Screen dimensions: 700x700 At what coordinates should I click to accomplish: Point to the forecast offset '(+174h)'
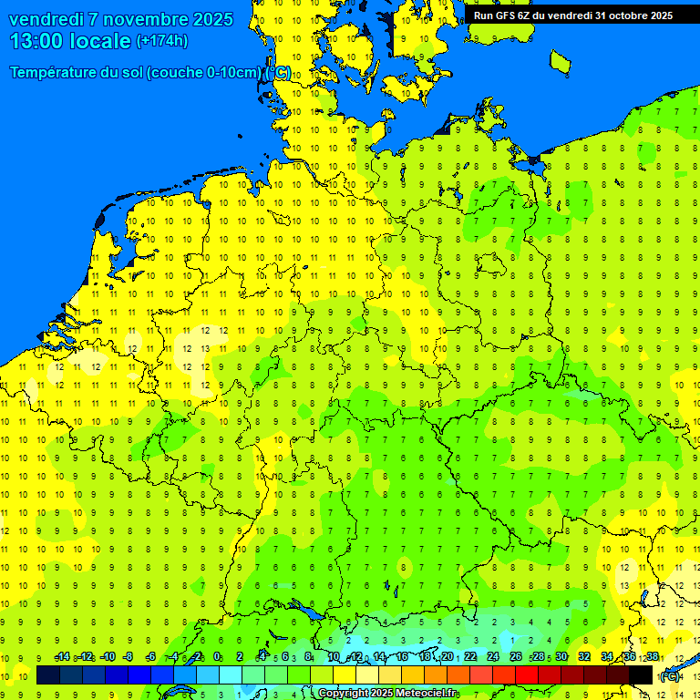[x=161, y=41]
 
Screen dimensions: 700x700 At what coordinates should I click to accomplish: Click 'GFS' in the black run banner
[x=507, y=15]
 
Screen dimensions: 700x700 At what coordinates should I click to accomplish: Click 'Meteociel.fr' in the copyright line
[x=425, y=694]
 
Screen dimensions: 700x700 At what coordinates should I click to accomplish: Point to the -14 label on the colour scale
[x=62, y=656]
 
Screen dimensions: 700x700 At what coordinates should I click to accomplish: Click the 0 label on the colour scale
[x=217, y=656]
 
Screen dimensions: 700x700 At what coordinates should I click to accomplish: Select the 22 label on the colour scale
[x=470, y=656]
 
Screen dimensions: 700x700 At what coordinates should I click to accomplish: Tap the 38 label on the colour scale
[x=653, y=656]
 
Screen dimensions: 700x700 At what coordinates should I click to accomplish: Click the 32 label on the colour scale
[x=584, y=656]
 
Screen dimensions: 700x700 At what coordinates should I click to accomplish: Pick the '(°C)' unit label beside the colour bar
[x=670, y=676]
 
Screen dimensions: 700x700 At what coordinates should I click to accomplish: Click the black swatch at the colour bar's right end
[x=641, y=674]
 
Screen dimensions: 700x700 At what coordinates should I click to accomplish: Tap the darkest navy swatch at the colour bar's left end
[x=48, y=674]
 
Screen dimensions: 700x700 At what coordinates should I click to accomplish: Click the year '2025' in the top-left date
[x=205, y=19]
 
